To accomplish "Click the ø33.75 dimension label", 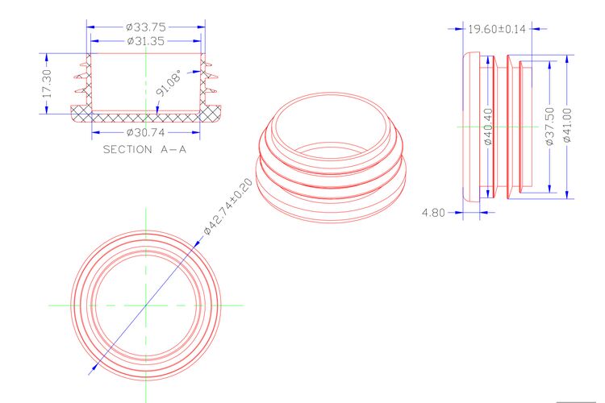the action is tap(146, 27).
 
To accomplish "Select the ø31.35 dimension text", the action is tap(146, 41).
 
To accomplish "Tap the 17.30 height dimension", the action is tap(47, 83).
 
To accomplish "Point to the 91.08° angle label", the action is tap(169, 83).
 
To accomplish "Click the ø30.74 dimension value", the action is tap(146, 133).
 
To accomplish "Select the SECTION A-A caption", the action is tap(144, 149).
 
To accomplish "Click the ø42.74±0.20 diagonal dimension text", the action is tap(228, 206).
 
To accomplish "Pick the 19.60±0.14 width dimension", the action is tap(497, 29).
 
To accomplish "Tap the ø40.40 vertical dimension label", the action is tap(488, 127).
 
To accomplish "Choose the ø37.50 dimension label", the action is tap(550, 127).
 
